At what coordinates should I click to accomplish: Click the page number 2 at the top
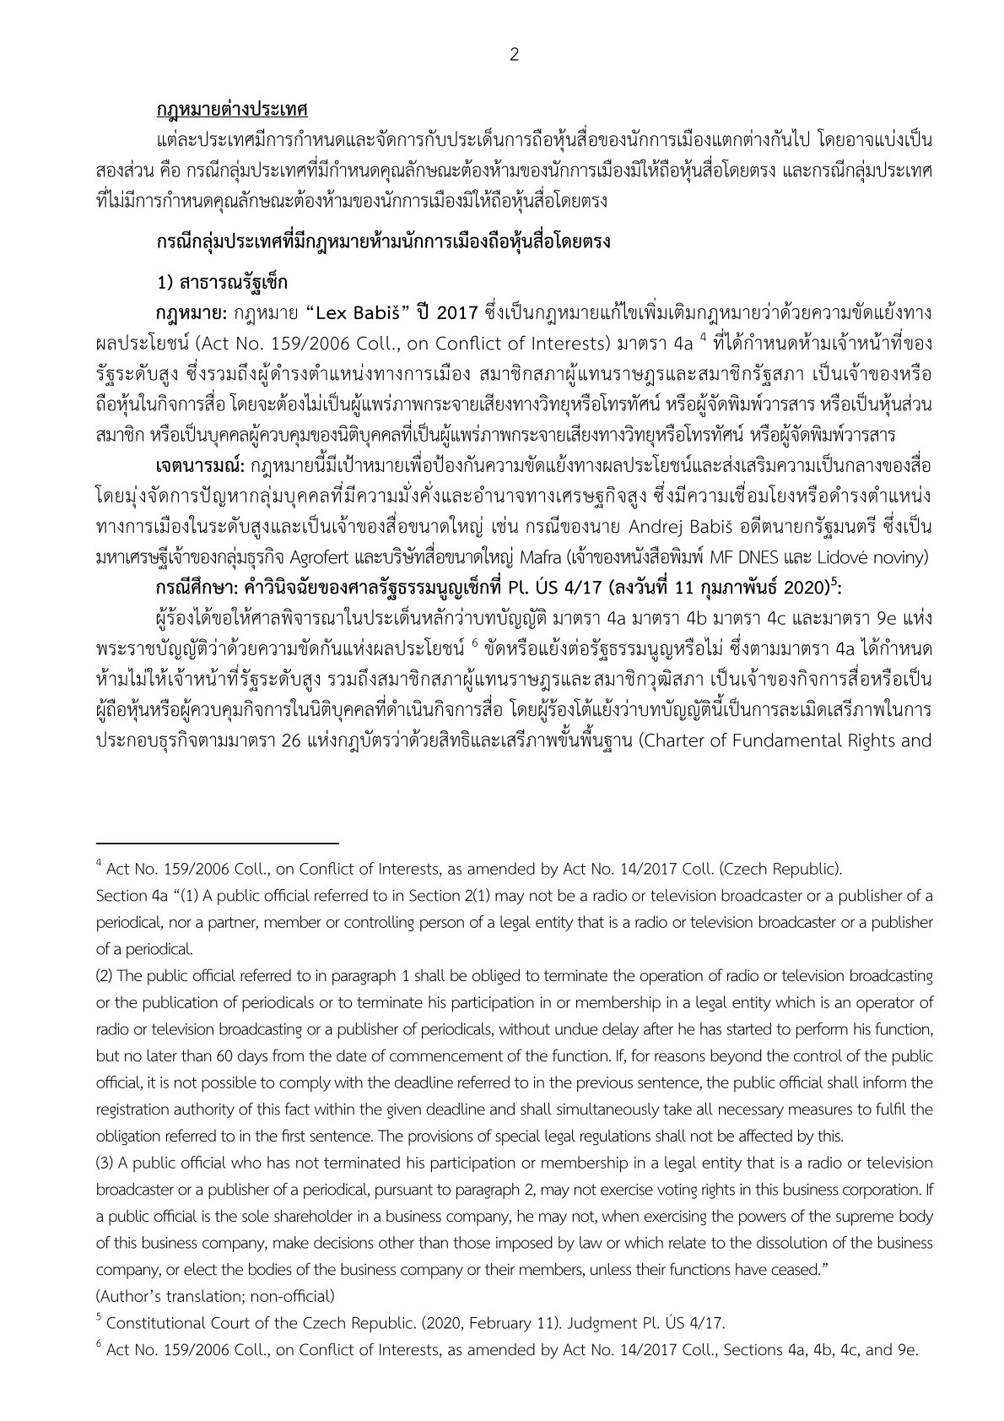point(514,56)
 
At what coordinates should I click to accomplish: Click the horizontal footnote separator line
point(217,843)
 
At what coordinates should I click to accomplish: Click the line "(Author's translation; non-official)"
point(215,1296)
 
